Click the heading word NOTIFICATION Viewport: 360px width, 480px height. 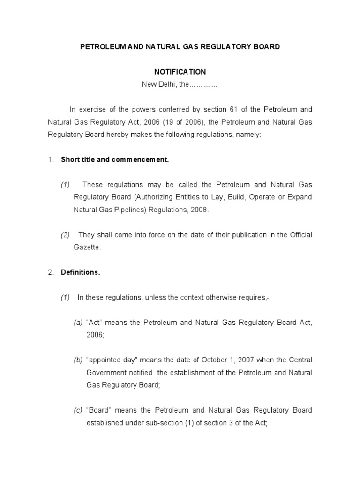tap(180, 72)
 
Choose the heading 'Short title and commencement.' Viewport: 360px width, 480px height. tap(115, 159)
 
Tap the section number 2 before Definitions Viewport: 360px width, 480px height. tap(50, 272)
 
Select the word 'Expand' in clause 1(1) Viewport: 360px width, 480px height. tap(300, 197)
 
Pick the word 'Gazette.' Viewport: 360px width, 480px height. tap(87, 247)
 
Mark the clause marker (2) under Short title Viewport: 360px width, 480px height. tap(65, 235)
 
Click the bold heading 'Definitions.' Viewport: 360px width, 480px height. tap(81, 272)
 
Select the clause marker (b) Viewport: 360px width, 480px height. tap(78, 360)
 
